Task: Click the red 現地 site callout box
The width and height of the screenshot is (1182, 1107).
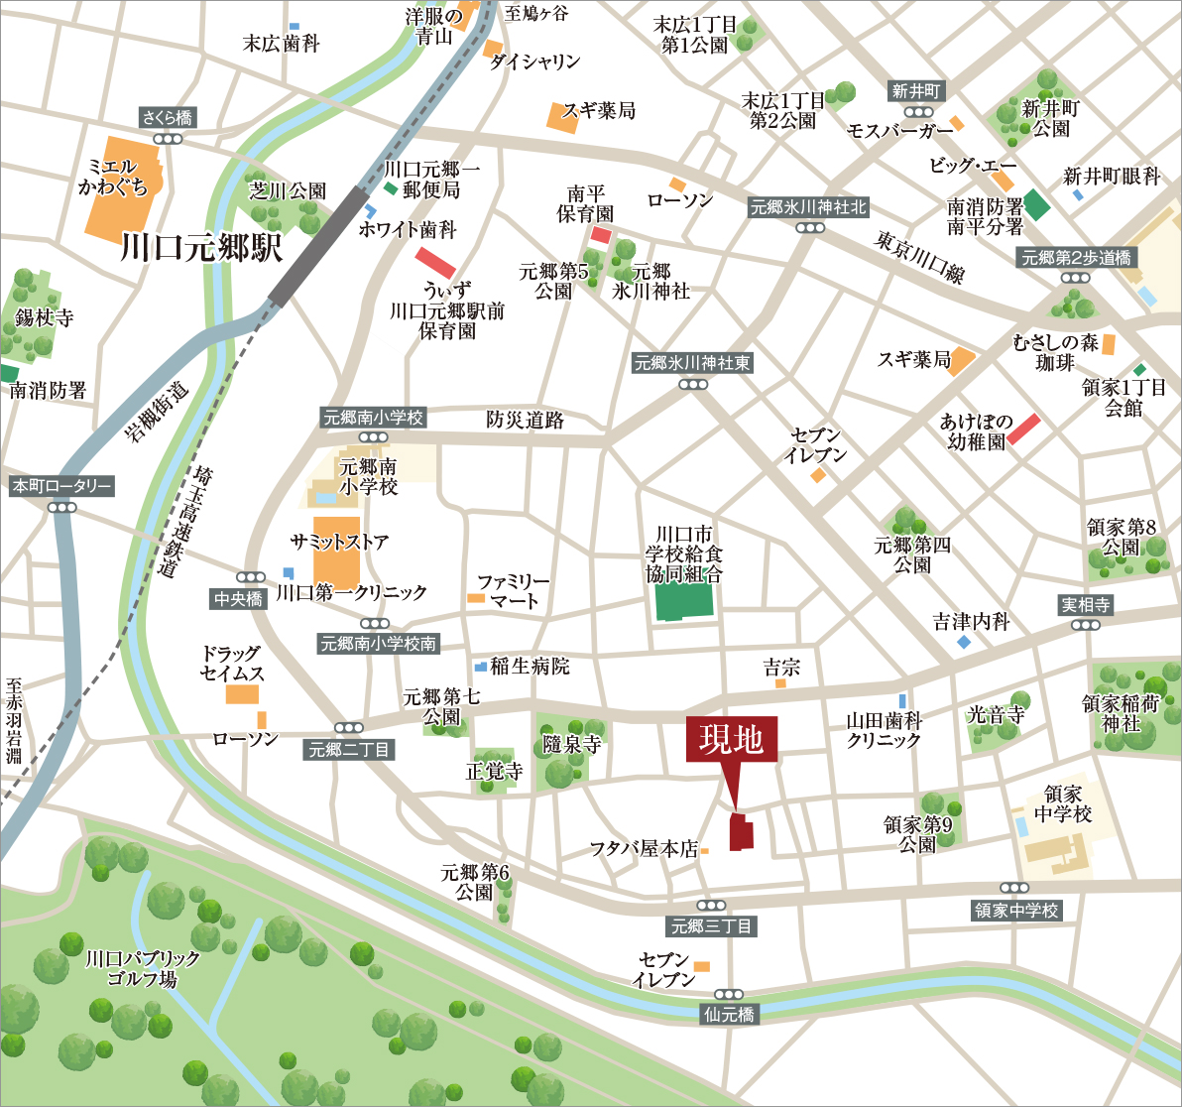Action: (x=732, y=740)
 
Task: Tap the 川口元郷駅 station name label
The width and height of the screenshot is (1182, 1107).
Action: (x=201, y=247)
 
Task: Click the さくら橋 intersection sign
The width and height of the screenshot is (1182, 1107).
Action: (x=169, y=118)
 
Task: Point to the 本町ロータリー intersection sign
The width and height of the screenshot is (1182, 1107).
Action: (x=61, y=487)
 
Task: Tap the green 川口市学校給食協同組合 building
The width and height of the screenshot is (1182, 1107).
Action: (x=684, y=600)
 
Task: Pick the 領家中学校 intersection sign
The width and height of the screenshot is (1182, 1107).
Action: (x=1015, y=910)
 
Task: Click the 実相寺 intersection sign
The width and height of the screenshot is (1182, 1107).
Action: (x=1086, y=604)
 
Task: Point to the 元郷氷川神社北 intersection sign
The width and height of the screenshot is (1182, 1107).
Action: (x=809, y=207)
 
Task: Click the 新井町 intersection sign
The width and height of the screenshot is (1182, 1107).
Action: (x=917, y=91)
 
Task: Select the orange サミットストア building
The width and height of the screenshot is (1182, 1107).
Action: (x=336, y=551)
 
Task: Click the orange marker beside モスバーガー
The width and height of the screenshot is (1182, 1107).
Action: (x=957, y=124)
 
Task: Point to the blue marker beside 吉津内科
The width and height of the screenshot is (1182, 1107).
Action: (x=963, y=643)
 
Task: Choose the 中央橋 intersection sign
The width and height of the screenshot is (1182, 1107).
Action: (x=239, y=598)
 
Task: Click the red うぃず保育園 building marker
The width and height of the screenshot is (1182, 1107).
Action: (x=435, y=263)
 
